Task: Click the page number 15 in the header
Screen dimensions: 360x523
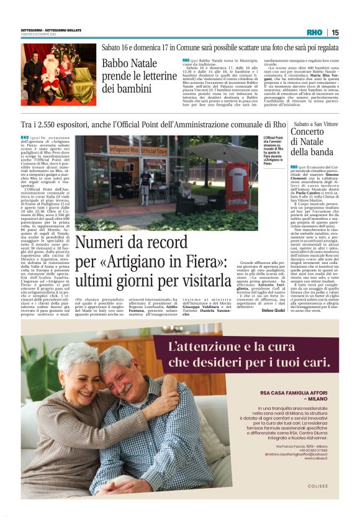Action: point(335,32)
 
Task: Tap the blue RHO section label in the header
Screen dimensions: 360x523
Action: point(314,32)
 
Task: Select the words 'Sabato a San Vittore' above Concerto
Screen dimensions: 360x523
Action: point(316,124)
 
